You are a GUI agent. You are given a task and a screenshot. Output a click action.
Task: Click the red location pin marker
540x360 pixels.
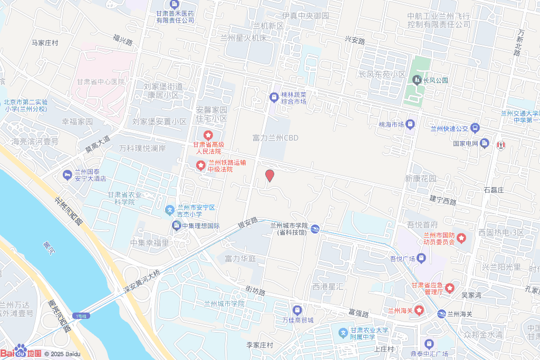click(x=269, y=176)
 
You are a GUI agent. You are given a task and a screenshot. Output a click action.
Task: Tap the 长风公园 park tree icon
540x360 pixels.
click(x=417, y=80)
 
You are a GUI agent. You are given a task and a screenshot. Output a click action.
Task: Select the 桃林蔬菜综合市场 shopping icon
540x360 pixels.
click(x=274, y=98)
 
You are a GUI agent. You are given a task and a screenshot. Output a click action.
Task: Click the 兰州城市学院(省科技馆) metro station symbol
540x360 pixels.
click(x=314, y=229)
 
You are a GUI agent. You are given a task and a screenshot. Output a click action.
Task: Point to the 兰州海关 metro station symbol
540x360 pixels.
click(x=441, y=314)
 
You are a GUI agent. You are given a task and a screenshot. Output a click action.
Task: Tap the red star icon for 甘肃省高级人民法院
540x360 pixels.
click(x=208, y=135)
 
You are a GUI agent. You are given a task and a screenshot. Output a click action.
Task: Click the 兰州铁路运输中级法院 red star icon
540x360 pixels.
click(x=201, y=166)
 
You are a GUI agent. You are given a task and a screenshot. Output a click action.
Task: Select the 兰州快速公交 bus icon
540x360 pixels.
click(x=475, y=128)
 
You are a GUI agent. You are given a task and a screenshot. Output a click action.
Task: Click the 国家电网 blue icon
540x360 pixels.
click(x=485, y=143)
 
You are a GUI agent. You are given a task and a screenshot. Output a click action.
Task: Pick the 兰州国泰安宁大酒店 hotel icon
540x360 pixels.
click(x=67, y=174)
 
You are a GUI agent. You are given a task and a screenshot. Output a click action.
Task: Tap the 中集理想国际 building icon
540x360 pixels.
click(x=177, y=226)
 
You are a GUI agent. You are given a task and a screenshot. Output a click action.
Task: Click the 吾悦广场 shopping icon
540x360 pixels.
click(x=421, y=258)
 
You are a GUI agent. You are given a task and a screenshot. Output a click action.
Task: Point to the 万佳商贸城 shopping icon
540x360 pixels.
click(x=297, y=310)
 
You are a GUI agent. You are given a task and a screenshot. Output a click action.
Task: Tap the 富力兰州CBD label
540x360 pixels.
click(x=275, y=138)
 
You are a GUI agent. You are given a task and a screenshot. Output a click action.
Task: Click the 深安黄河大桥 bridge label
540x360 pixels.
click(x=141, y=283)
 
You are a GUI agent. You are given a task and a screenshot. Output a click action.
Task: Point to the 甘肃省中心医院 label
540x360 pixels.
click(x=101, y=82)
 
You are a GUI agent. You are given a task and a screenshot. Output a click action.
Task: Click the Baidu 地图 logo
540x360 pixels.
click(x=21, y=352)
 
